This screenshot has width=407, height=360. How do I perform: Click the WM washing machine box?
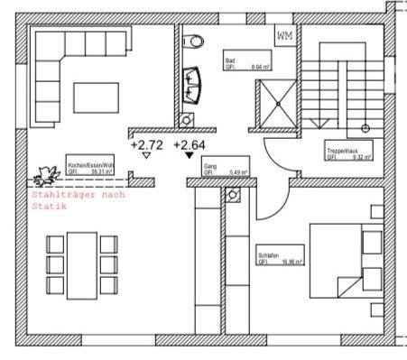pyautogui.click(x=285, y=35)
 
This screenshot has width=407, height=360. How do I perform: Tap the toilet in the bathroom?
pyautogui.click(x=193, y=42)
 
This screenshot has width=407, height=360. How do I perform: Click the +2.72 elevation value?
pyautogui.click(x=146, y=144)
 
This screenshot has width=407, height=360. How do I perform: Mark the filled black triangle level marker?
pyautogui.click(x=188, y=156)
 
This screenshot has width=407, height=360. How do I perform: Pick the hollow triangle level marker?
pyautogui.click(x=146, y=156)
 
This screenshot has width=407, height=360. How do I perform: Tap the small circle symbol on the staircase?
pyautogui.click(x=365, y=127)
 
